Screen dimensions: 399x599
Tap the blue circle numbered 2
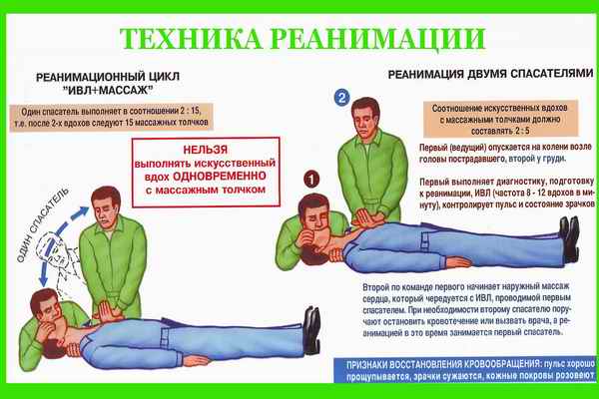[x=340, y=98]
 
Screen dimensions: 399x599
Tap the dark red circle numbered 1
[x=310, y=181]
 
